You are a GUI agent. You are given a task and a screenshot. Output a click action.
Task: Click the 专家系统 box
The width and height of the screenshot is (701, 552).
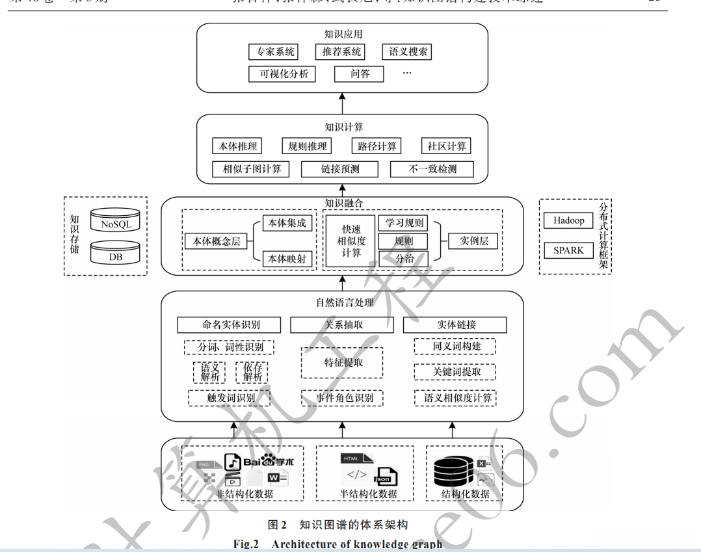coord(274,52)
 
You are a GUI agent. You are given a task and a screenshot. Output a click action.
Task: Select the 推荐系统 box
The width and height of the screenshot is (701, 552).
coord(341,52)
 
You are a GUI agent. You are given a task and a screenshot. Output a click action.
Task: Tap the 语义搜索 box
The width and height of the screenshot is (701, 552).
coord(408,52)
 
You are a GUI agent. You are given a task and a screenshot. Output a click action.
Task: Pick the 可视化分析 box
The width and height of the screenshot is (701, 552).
coord(283,74)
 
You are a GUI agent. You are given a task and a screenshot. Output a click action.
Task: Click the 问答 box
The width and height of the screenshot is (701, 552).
coord(360,74)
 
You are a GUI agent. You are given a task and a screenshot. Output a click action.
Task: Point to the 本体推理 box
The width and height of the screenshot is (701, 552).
coord(237,146)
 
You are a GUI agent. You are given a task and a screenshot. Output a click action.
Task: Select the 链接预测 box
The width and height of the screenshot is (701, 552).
coord(339,169)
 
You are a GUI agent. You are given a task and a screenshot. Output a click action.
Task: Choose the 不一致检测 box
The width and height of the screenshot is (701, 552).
coord(432,169)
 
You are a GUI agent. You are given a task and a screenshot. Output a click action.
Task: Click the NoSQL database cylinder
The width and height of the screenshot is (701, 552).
coord(116,221)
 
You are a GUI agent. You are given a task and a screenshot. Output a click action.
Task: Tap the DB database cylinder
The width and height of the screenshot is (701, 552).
coord(116,254)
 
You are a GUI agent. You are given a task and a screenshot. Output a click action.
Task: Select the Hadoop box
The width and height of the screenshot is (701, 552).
coord(568,220)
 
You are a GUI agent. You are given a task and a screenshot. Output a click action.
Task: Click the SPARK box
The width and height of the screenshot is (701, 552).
coord(568,250)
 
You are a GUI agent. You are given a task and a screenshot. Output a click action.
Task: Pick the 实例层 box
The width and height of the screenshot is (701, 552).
coord(473,241)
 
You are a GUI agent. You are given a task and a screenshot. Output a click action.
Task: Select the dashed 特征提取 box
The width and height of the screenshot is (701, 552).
coord(342,363)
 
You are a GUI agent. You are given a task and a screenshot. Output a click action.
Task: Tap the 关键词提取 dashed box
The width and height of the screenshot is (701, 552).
coord(455,372)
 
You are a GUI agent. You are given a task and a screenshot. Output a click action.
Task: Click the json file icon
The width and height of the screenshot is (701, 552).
coord(384,477)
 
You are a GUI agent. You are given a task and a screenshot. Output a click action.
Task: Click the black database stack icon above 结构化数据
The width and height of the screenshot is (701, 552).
coord(453,473)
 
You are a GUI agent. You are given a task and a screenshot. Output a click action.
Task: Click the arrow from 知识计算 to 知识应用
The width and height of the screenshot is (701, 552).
coord(342,103)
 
